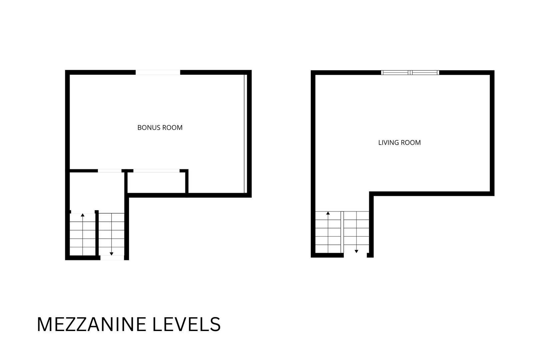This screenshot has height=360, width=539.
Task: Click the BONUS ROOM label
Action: [160, 128]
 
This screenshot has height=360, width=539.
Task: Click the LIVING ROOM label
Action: [399, 143]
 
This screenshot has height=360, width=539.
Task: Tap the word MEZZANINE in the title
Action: [91, 325]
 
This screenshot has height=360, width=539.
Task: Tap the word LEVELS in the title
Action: [187, 325]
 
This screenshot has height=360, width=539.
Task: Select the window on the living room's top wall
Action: [410, 72]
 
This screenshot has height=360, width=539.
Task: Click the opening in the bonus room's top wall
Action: [158, 72]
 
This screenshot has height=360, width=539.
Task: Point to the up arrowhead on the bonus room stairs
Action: [83, 215]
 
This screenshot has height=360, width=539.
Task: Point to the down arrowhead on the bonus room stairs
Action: [111, 254]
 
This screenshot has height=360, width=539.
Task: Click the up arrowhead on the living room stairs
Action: [328, 213]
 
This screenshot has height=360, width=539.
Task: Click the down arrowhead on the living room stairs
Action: [356, 251]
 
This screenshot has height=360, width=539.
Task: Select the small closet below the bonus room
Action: [157, 183]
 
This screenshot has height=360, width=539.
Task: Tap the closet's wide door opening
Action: [157, 171]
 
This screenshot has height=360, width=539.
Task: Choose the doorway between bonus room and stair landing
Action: [110, 171]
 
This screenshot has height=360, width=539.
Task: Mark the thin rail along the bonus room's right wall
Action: [246, 134]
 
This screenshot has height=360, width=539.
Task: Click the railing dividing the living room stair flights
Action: [342, 232]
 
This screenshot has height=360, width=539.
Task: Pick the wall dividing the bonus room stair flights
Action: [97, 233]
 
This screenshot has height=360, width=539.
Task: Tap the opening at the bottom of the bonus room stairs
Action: [112, 258]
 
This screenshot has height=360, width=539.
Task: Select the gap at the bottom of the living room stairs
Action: [355, 255]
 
